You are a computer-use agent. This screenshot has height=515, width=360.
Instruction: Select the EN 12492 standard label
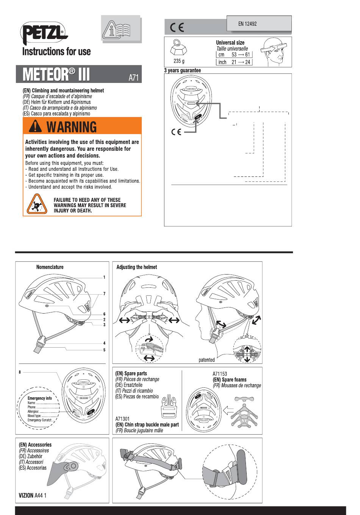click(247, 23)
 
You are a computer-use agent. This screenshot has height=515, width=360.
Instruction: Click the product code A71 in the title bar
click(134, 78)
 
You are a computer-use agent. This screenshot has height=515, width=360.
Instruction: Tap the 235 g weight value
click(179, 61)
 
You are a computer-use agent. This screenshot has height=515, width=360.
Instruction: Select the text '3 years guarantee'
click(182, 70)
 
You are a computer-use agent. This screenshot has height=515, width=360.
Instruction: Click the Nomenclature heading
click(50, 267)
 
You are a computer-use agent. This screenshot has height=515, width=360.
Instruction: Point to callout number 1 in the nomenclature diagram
click(104, 277)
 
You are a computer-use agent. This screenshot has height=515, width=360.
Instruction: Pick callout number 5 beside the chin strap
click(104, 350)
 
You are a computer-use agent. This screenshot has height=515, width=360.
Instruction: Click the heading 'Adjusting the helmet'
click(136, 267)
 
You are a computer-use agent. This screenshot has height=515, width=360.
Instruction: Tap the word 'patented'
click(207, 360)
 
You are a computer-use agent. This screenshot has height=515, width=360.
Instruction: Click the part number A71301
click(122, 419)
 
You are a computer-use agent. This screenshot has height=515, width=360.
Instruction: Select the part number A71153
click(220, 374)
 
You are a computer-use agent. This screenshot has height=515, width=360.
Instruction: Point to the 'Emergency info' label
click(39, 398)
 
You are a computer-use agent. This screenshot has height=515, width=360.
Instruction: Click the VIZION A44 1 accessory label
click(33, 495)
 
